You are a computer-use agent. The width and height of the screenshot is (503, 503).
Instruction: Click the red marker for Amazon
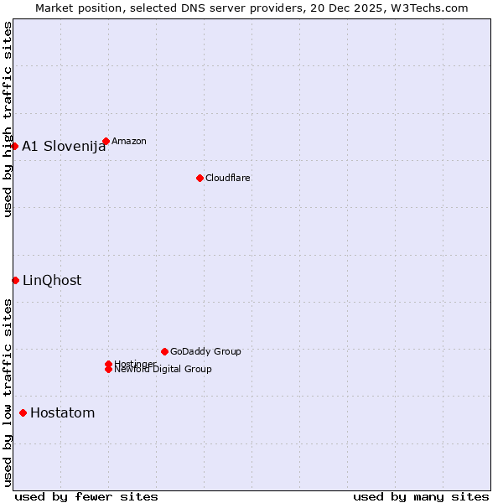106,141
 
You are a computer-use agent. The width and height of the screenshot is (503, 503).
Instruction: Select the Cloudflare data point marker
200,178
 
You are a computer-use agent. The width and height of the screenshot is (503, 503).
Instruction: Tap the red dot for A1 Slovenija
14,146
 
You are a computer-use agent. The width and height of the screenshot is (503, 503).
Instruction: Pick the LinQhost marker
15,280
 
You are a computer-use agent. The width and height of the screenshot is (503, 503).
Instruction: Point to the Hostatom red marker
23,412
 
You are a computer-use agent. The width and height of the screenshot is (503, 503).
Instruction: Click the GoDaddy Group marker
164,351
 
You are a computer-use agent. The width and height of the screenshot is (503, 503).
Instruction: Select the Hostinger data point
108,364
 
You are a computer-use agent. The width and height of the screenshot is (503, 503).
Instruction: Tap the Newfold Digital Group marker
108,370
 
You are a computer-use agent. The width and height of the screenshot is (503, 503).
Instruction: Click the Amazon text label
129,141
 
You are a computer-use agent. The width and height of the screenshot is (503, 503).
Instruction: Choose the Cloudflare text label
228,178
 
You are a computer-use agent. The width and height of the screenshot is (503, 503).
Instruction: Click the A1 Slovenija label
64,147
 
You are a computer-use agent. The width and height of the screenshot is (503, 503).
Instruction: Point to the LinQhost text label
52,281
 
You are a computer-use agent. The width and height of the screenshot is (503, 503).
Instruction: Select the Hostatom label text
63,413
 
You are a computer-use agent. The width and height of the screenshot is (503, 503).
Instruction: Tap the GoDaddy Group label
205,351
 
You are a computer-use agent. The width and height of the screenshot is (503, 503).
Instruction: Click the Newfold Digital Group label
163,370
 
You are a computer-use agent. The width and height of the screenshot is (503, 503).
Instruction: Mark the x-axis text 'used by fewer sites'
86,496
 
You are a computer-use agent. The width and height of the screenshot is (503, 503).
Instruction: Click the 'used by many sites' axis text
421,496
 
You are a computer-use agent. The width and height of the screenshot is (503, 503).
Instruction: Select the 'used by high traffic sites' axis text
8,119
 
